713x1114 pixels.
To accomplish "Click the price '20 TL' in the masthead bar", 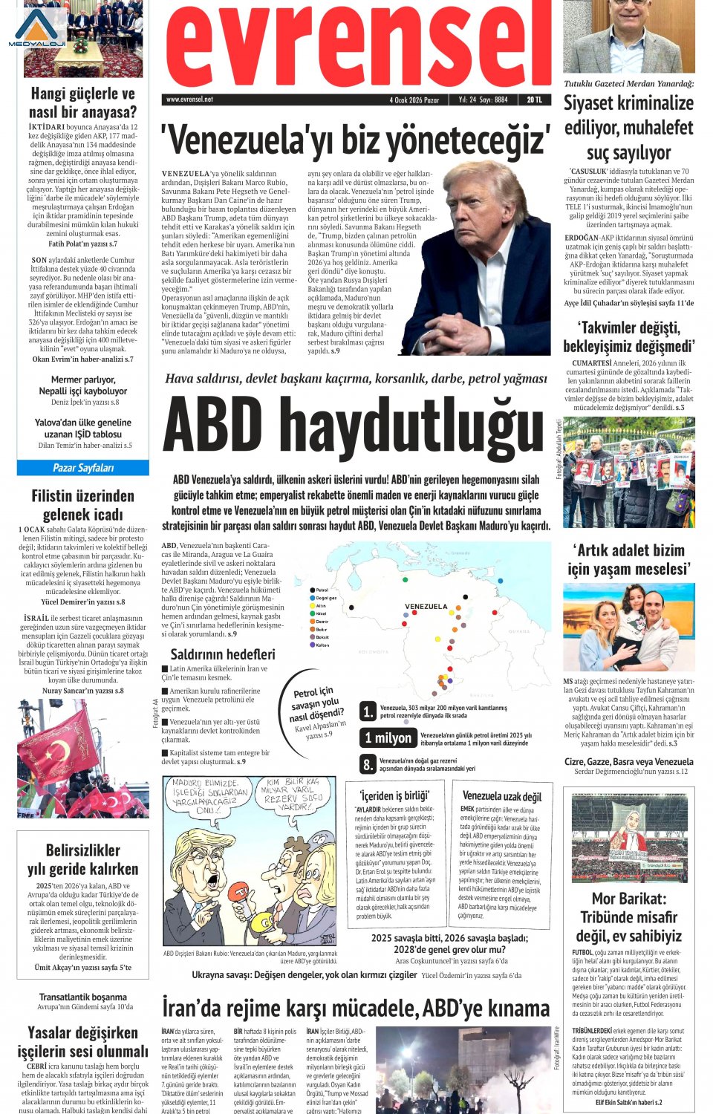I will pos(534,100).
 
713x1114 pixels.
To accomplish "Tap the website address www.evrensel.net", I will pos(189,100).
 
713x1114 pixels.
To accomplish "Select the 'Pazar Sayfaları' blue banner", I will pos(83,468).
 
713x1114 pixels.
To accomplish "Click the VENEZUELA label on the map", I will pos(426,607).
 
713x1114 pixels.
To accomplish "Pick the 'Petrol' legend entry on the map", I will pos(322,590).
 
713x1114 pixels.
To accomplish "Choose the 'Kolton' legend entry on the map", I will pos(322,645).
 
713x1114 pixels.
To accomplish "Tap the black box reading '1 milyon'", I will pos(388,737).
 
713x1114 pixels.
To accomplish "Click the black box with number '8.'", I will pos(368,764).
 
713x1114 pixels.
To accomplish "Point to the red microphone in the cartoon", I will pos(240,888).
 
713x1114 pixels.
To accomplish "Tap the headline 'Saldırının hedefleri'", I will pos(222,654).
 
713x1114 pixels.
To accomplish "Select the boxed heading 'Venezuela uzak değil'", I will pos(501,796).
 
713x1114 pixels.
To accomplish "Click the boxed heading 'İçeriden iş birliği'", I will pos(394,795).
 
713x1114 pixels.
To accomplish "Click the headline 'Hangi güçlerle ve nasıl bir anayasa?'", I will pos(83,103).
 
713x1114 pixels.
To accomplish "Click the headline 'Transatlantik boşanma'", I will pos(83,997).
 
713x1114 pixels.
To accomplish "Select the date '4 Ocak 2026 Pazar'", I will pos(414,100).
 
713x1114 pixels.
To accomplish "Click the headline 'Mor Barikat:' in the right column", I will pos(628,899).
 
